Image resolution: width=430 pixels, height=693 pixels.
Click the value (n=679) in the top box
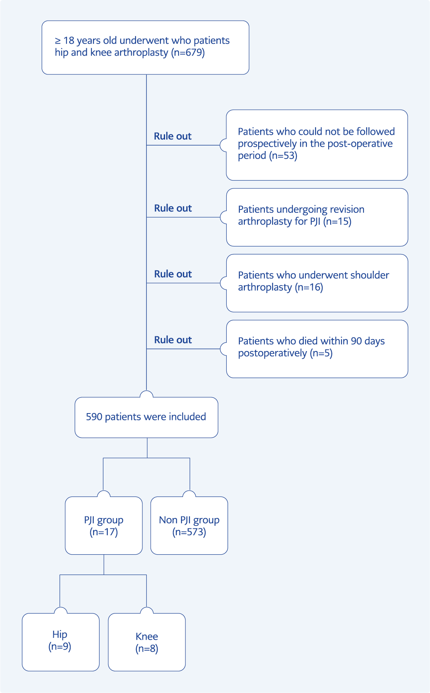point(188,52)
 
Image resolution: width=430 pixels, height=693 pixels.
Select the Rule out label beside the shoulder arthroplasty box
point(173,274)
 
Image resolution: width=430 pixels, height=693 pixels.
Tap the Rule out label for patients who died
point(173,340)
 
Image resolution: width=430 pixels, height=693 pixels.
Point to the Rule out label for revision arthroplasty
point(173,208)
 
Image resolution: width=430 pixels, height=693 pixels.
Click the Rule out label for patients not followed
point(173,136)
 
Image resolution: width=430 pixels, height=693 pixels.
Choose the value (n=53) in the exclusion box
point(283,155)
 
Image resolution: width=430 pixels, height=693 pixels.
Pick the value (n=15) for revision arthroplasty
point(337,221)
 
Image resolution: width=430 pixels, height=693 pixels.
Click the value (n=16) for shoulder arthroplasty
point(309,287)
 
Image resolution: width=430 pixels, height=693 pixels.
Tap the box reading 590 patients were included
point(146,417)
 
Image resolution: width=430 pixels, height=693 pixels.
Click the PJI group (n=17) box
point(104,525)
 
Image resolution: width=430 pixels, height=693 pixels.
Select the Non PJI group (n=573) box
point(189,525)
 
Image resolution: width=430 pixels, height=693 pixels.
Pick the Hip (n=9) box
point(60,642)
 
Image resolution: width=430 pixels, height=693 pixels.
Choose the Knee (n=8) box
point(147,642)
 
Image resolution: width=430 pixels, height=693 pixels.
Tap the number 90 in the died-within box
point(356,341)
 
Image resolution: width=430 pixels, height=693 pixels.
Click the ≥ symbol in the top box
point(58,41)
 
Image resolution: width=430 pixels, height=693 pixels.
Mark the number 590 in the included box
point(94,417)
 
